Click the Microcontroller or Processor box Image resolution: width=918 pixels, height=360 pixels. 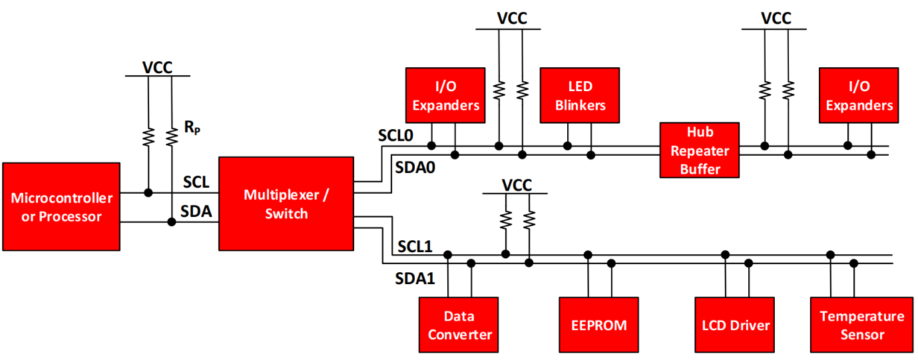click(x=61, y=207)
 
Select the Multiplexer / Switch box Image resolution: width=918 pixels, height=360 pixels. click(x=286, y=204)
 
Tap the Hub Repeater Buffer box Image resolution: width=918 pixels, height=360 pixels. click(x=700, y=150)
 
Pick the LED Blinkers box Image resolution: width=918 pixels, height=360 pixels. click(x=580, y=96)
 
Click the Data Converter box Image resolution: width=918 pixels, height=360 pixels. click(x=459, y=325)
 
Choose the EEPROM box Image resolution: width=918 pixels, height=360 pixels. click(x=598, y=325)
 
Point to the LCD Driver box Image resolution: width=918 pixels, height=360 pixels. click(x=735, y=325)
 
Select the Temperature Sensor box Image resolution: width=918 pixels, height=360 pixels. click(x=861, y=325)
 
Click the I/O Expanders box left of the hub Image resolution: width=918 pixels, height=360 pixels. click(x=446, y=96)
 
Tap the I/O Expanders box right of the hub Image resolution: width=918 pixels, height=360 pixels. click(x=859, y=96)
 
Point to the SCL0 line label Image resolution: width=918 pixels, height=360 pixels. click(x=395, y=136)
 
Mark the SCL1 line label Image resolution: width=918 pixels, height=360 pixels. click(x=415, y=246)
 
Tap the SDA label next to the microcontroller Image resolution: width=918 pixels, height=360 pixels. click(x=196, y=212)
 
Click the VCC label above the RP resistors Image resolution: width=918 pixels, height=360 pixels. click(x=157, y=67)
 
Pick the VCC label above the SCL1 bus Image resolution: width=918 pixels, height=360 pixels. click(x=517, y=184)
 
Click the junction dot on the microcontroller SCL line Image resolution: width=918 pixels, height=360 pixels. click(x=148, y=193)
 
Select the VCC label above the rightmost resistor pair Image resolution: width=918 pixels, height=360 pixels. click(x=777, y=18)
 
